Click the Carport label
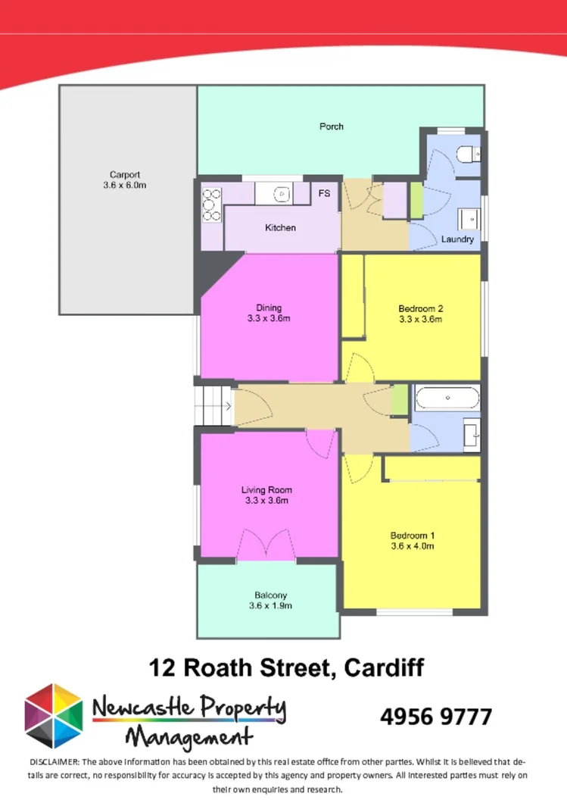click(x=124, y=174)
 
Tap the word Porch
click(x=331, y=127)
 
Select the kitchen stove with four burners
click(x=210, y=205)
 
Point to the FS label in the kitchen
click(x=324, y=194)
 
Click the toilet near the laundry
click(x=470, y=154)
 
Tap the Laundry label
click(x=457, y=239)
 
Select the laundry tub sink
click(x=470, y=218)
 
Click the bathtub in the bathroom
click(x=447, y=397)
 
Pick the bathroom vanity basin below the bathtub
click(x=471, y=434)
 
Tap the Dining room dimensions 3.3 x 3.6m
click(x=269, y=318)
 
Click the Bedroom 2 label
click(x=420, y=308)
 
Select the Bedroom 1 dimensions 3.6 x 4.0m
click(x=413, y=545)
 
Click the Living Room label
click(x=266, y=490)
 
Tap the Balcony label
click(x=270, y=595)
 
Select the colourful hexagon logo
click(x=52, y=716)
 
